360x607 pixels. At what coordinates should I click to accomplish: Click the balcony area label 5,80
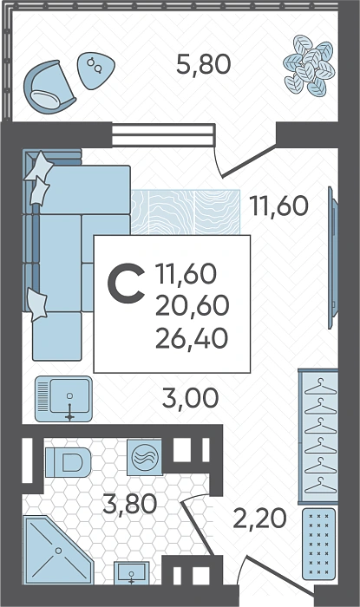coord(204,64)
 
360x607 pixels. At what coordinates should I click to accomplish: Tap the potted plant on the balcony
coord(309,65)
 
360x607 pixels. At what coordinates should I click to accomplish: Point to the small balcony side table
coord(96,70)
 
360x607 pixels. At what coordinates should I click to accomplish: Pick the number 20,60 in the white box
coord(192,306)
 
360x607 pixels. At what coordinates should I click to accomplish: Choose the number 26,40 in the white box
coord(191,338)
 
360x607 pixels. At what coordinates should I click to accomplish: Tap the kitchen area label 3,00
coord(191,397)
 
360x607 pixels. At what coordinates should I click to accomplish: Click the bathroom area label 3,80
coord(130,504)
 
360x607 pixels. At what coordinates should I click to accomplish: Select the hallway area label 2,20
coord(259,519)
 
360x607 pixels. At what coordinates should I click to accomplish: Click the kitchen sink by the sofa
coord(64,399)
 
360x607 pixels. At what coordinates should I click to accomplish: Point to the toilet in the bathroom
coord(69,462)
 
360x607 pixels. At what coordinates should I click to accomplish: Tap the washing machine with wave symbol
coord(144,456)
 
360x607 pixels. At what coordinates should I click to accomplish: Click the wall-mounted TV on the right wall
coord(332,258)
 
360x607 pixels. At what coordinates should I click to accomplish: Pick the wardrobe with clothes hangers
coord(317,437)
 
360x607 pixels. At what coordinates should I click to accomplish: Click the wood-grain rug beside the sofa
coord(186,212)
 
